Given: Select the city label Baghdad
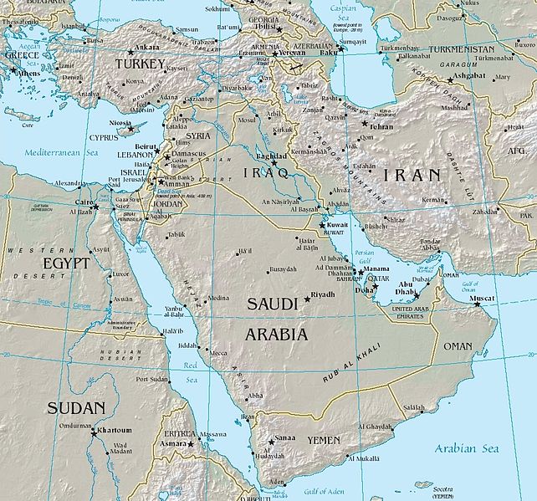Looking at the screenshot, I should (273, 156).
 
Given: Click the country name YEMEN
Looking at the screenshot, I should (323, 440).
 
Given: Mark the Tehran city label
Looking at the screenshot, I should (381, 126).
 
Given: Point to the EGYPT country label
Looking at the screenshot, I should (42, 263).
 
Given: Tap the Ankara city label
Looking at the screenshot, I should (148, 48).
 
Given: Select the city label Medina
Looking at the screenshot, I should (217, 298).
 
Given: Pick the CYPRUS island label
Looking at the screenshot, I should (105, 136).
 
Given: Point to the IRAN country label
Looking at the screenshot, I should (412, 175).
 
